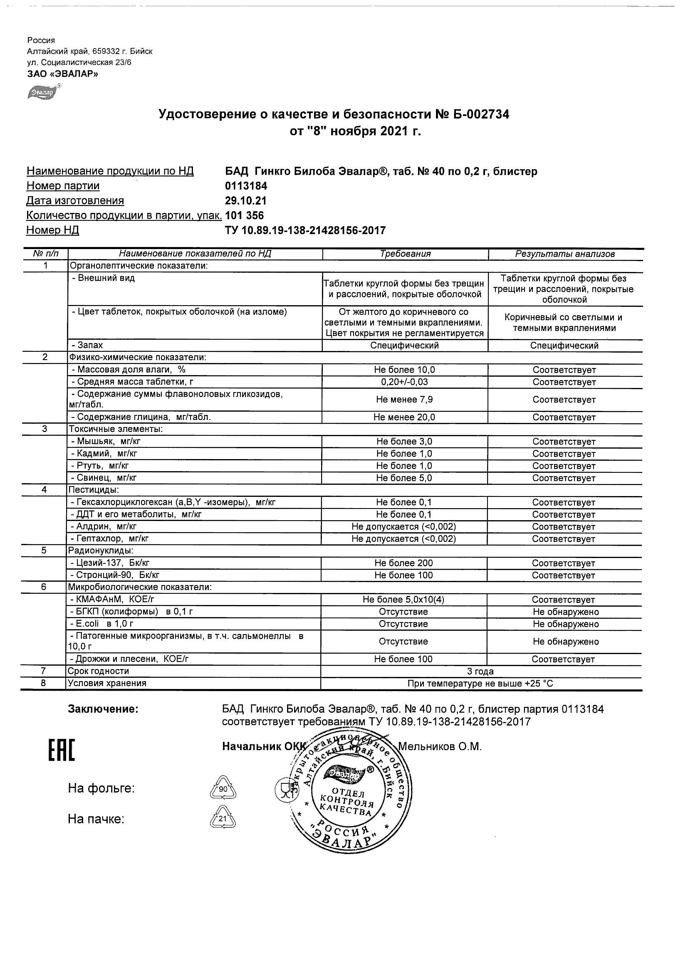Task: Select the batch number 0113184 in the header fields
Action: [x=246, y=186]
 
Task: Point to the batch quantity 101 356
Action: [x=245, y=216]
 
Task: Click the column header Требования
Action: [x=405, y=254]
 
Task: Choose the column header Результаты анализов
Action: [x=564, y=254]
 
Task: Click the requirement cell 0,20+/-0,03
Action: [x=404, y=382]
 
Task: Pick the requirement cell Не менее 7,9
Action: [x=404, y=400]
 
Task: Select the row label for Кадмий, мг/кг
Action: [x=105, y=454]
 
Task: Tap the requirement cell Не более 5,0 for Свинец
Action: [x=404, y=478]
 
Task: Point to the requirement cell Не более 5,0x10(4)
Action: [x=403, y=600]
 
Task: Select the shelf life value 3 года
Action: [x=480, y=671]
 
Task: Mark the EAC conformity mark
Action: [x=62, y=750]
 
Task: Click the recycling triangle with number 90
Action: [x=223, y=790]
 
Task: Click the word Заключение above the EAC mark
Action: [x=103, y=709]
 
